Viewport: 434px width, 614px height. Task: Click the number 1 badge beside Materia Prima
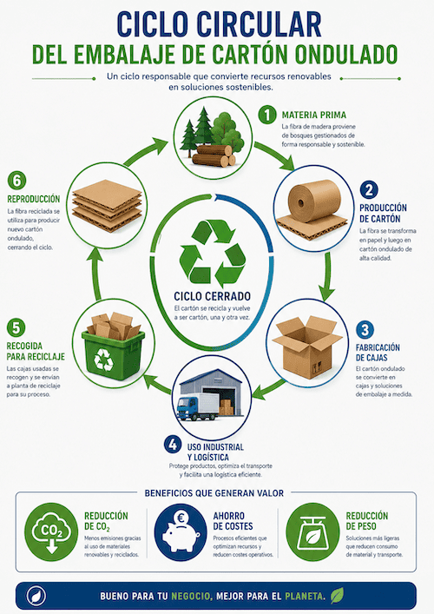point(267,116)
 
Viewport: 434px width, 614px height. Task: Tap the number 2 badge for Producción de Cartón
point(369,190)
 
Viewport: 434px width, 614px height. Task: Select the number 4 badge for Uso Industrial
point(173,445)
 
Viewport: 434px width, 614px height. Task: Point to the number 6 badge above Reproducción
point(16,181)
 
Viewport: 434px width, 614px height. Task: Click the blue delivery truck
point(198,406)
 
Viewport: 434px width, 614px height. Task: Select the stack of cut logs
point(214,155)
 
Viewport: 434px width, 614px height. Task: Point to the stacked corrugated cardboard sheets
point(108,205)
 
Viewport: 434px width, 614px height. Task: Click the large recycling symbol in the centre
point(213,251)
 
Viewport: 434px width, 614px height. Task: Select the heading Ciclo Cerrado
point(212,296)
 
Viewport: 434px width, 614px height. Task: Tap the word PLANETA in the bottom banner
point(305,597)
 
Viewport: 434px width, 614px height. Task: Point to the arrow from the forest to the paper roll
point(275,155)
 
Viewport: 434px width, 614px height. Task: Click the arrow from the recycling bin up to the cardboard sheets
point(96,274)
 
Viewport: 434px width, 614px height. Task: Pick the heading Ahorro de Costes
point(233,521)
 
